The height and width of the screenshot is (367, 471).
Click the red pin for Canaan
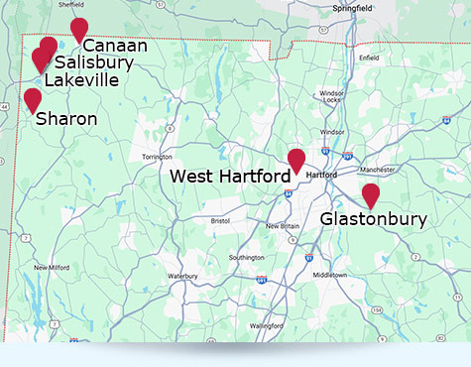click(79, 30)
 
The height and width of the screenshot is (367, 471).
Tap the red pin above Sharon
click(33, 99)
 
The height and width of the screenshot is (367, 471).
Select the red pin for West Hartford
click(295, 160)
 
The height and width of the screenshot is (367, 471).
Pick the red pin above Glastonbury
click(370, 195)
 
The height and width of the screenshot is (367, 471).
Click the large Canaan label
click(115, 46)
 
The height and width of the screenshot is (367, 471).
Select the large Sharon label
click(66, 119)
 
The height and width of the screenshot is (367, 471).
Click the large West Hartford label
click(230, 176)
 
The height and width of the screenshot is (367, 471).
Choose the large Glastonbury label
click(374, 219)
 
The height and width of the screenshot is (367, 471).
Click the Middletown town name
click(330, 275)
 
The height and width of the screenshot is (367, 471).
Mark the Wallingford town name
click(267, 325)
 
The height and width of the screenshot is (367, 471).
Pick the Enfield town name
click(370, 59)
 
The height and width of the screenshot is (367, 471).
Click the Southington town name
click(246, 258)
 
